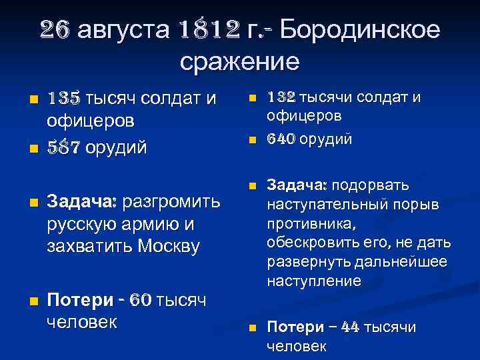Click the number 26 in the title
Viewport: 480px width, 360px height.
56,30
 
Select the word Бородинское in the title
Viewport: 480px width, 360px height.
359,30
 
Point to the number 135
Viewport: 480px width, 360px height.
62,99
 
